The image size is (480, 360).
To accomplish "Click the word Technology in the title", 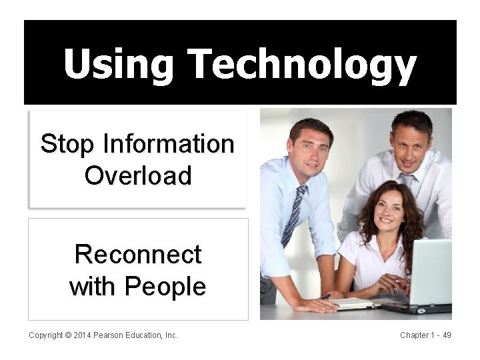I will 303,65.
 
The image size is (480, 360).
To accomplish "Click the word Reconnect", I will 138,254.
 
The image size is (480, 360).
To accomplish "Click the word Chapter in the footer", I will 416,335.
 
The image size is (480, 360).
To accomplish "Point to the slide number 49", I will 447,335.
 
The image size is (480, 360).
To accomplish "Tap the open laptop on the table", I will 427,273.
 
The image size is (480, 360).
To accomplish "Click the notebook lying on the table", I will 353,303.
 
